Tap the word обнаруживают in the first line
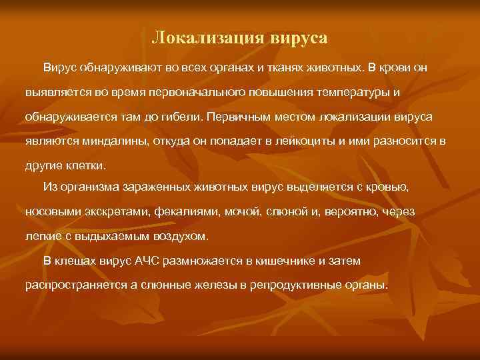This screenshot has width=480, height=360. tap(116, 69)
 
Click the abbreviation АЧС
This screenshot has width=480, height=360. tap(171, 260)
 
